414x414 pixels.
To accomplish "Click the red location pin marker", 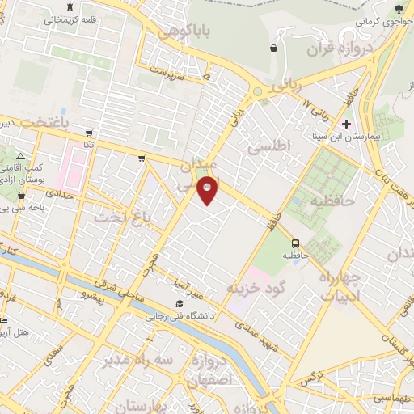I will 208,189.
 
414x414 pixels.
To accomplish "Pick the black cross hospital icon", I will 346,124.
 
